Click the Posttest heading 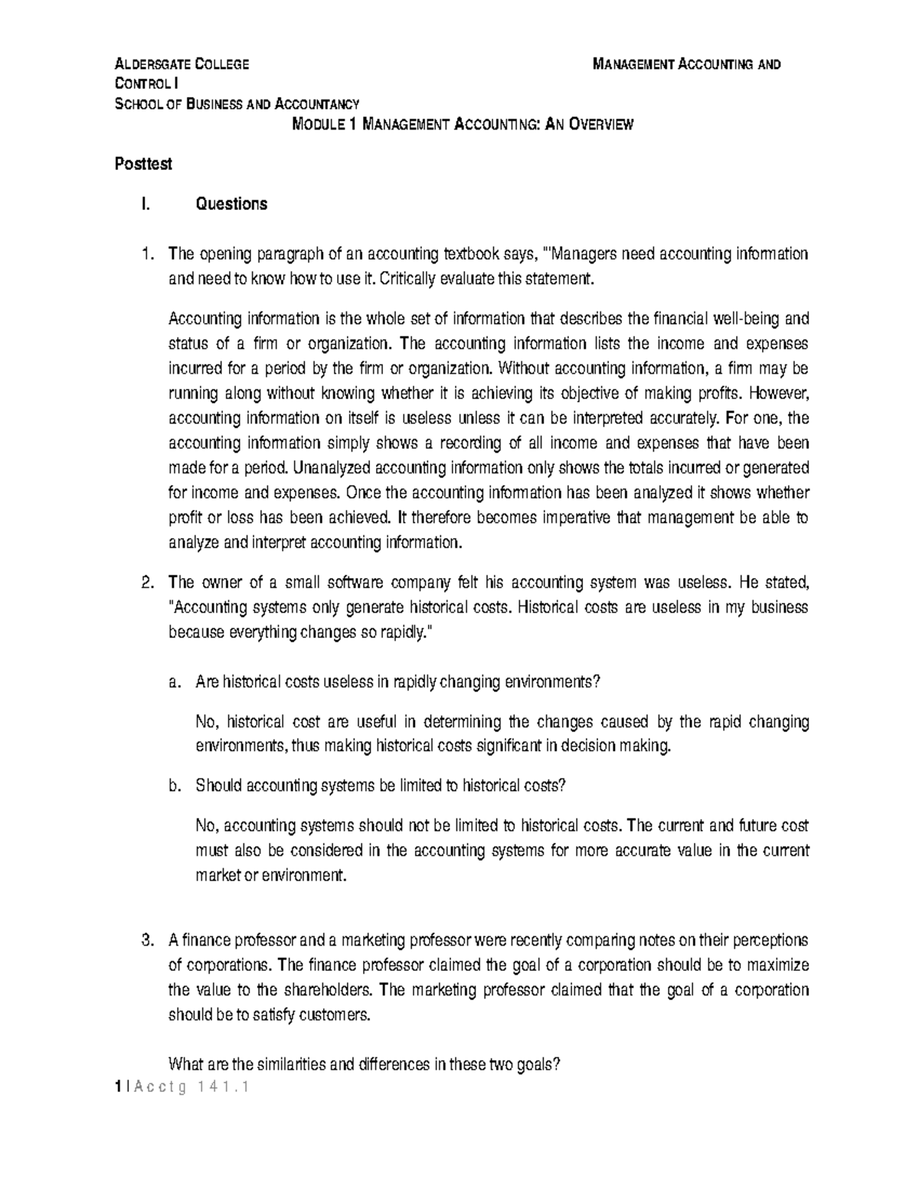pyautogui.click(x=142, y=164)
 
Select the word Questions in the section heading pyautogui.click(x=231, y=204)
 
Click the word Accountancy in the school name pyautogui.click(x=311, y=104)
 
